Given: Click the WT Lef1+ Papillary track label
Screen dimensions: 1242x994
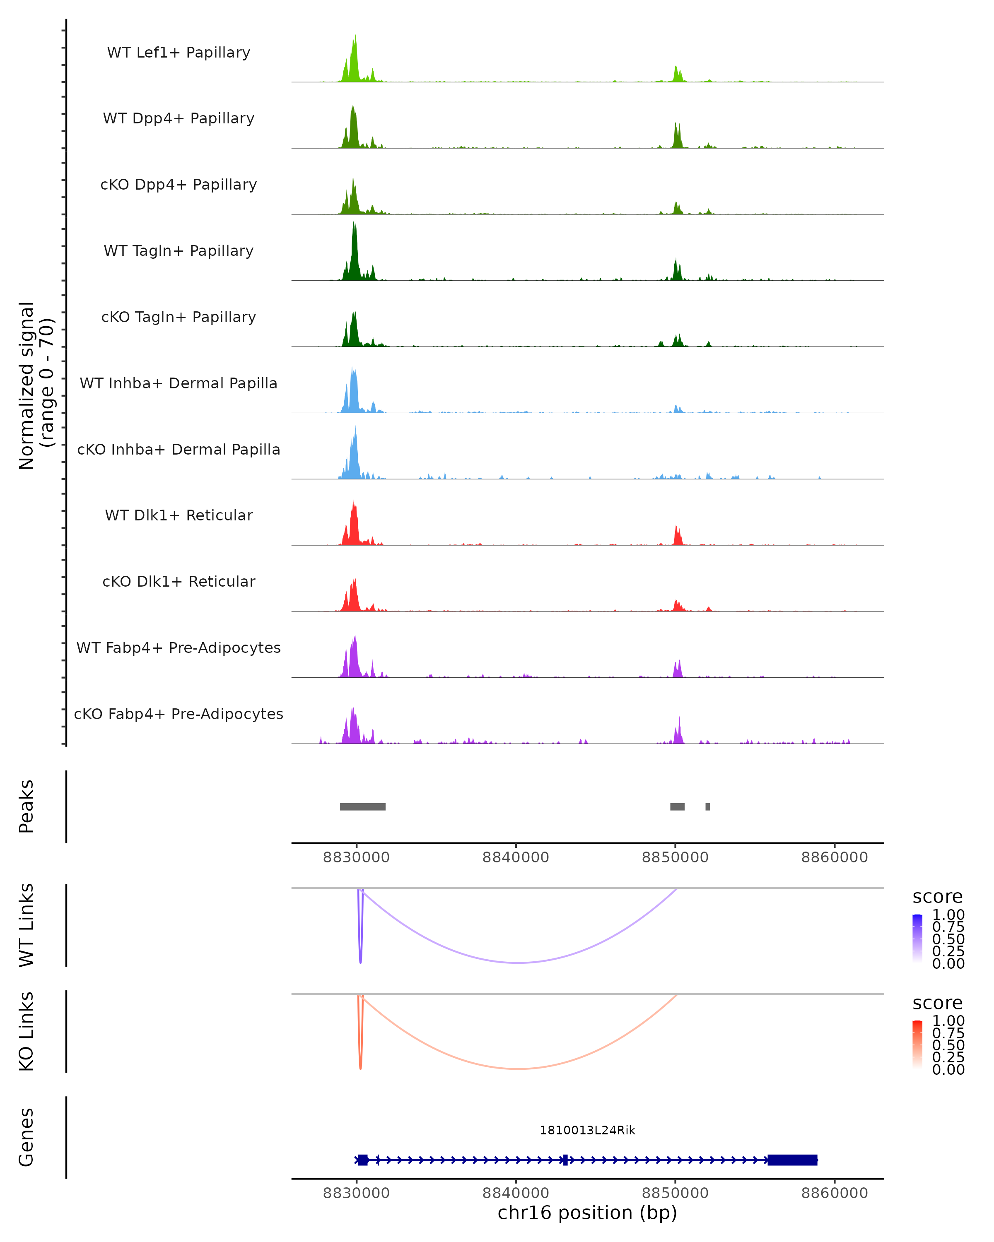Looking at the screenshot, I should [x=179, y=53].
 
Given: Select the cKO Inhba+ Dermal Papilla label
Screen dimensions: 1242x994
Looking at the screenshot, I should [x=179, y=449].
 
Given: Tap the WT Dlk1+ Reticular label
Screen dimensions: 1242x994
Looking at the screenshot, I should [x=179, y=515].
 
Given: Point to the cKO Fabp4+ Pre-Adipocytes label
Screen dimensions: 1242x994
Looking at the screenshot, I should [x=179, y=714].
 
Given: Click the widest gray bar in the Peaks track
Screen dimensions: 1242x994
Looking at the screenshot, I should [x=362, y=806].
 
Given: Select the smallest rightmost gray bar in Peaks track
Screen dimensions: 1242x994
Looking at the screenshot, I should [x=708, y=806].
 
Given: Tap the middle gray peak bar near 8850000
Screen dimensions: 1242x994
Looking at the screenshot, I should [x=677, y=806].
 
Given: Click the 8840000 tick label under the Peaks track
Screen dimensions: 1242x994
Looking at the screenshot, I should [x=516, y=857].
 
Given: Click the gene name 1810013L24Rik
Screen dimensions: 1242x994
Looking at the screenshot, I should [x=587, y=1130].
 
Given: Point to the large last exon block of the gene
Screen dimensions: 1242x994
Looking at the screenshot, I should [x=792, y=1160].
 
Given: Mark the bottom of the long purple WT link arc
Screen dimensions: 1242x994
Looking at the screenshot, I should [x=519, y=962].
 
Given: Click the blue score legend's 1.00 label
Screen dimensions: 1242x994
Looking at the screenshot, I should [x=948, y=915].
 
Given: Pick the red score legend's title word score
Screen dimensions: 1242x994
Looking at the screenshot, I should [x=938, y=1003].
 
